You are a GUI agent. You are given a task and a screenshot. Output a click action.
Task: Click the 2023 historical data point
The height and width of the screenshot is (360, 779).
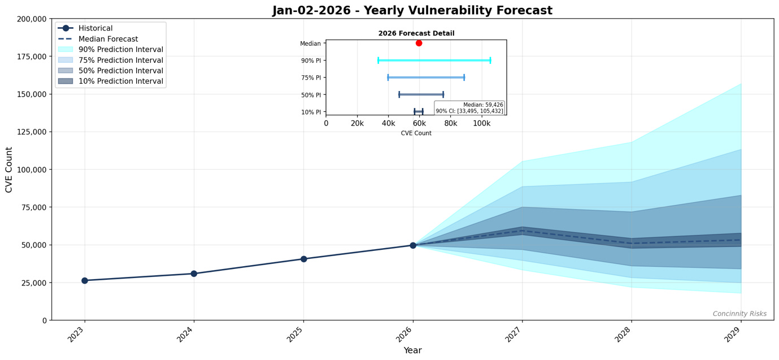click(x=85, y=280)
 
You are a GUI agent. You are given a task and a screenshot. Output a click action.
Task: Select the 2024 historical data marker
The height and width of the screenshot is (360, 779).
click(x=194, y=274)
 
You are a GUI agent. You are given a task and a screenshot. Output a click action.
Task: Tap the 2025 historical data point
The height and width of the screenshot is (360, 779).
click(x=303, y=259)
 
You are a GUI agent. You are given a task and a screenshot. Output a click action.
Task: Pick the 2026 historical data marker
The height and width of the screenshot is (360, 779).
click(x=413, y=245)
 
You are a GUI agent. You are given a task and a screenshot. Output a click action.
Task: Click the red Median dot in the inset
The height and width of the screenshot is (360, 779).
click(x=419, y=43)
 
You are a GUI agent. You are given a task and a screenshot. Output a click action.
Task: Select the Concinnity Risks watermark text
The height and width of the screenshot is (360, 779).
click(x=739, y=314)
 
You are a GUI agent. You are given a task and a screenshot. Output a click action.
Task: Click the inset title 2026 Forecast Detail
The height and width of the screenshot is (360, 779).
click(x=416, y=33)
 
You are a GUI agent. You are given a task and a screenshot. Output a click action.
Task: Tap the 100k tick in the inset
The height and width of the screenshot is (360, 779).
click(x=481, y=123)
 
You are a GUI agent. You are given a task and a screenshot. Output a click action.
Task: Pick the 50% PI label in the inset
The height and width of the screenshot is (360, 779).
click(x=311, y=95)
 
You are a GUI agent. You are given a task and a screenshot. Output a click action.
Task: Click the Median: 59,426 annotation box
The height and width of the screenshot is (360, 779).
click(x=469, y=108)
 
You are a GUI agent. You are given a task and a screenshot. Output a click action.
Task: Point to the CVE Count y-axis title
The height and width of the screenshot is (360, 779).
click(x=9, y=170)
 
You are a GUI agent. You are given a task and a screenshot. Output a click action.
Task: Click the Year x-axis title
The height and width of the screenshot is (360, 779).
click(x=412, y=350)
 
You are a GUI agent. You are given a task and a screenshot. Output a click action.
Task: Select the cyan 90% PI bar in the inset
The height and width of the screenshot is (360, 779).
click(x=434, y=60)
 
